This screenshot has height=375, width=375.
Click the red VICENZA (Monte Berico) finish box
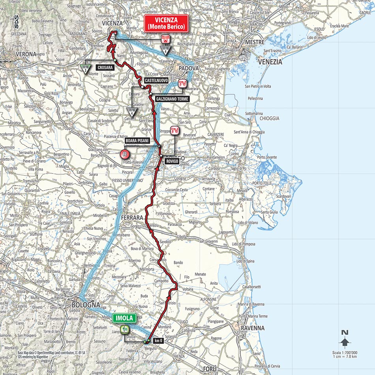tap(166, 24)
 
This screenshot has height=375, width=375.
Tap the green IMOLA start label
tap(124, 317)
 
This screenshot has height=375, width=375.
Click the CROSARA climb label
tap(104, 68)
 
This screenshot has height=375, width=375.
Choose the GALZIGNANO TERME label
tap(172, 99)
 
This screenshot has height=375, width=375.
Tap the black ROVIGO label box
tap(172, 161)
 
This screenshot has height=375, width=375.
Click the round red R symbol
tap(125, 154)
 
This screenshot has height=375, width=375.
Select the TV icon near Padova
tap(182, 83)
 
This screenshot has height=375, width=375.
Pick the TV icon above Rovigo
tap(175, 131)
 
